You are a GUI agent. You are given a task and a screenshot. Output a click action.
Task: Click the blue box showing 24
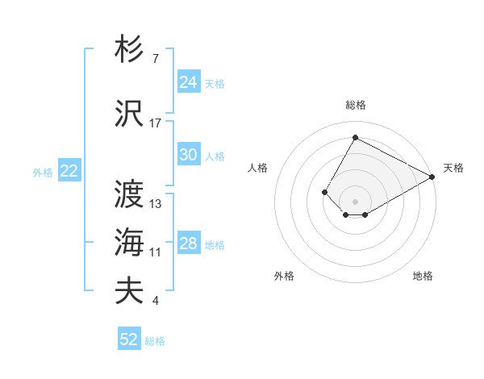188,82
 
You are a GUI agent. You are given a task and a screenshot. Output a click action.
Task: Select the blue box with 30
188,156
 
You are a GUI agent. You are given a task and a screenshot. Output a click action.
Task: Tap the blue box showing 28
188,244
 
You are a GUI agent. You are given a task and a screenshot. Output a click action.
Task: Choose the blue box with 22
69,171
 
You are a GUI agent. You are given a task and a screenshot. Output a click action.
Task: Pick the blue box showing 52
129,339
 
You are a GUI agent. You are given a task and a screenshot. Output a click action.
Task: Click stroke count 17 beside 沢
156,123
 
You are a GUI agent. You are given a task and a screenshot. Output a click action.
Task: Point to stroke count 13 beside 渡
156,204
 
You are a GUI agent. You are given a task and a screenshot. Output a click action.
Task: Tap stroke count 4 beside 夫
156,301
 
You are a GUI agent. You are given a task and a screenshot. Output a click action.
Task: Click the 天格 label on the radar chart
453,168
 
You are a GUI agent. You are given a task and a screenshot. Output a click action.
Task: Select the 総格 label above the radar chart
355,105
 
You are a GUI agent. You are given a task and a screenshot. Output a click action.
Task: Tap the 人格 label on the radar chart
258,168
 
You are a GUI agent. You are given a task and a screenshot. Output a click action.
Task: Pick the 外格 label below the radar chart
284,276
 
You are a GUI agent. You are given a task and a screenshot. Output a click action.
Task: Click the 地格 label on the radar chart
423,276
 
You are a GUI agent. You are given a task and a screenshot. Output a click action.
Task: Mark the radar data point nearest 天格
432,177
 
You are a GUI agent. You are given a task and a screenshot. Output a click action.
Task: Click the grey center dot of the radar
355,201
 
